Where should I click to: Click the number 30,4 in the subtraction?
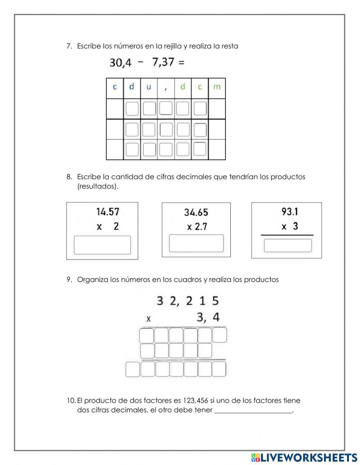[120, 63]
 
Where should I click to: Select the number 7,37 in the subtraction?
[163, 62]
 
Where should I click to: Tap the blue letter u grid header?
[149, 87]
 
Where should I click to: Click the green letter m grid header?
[217, 87]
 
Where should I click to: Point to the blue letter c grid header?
[115, 87]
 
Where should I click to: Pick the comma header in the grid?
[166, 88]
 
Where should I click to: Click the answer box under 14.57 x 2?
[102, 245]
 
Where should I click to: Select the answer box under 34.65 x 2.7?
[196, 243]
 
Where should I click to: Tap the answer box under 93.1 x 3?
[288, 245]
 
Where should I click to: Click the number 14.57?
[108, 211]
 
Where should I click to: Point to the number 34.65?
[196, 212]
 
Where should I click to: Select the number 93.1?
[290, 211]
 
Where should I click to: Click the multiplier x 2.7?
[197, 227]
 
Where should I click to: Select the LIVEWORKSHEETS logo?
[304, 457]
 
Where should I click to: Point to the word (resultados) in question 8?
[98, 186]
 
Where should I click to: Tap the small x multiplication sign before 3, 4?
[148, 319]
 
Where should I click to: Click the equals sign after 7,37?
[181, 62]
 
